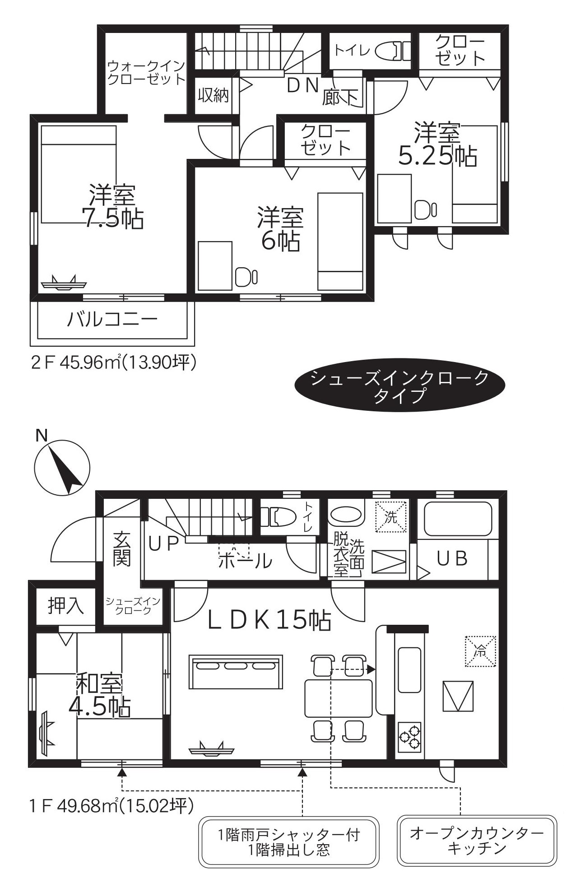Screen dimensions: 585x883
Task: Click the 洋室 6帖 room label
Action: point(280,228)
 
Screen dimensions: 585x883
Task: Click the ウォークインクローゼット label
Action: point(146,72)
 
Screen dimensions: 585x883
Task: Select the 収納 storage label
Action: point(213,95)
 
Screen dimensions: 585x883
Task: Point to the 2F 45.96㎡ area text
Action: point(114,362)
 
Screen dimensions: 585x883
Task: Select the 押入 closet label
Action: point(66,606)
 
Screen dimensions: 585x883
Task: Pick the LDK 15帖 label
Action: point(269,621)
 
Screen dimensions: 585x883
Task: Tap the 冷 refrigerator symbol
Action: point(481,651)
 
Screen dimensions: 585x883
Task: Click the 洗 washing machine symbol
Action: point(391,517)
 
